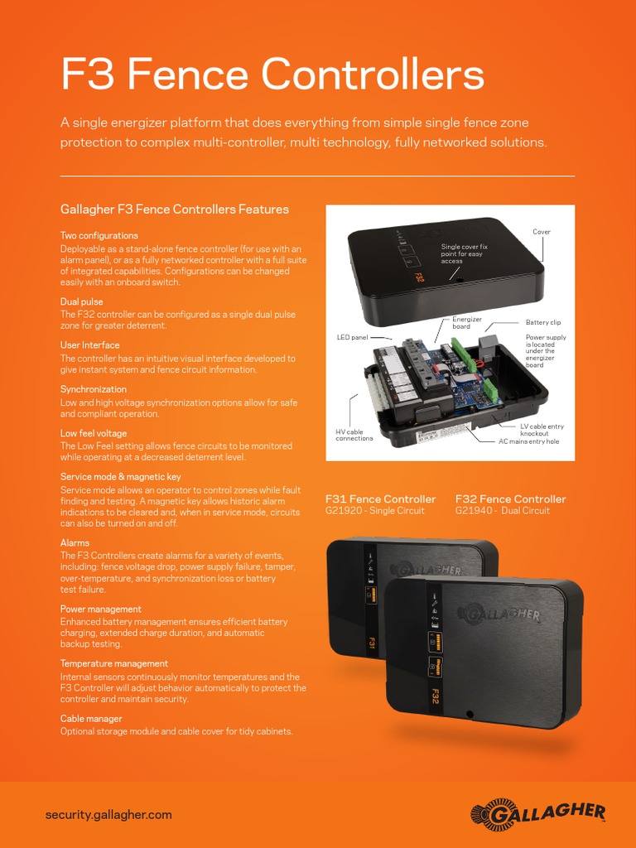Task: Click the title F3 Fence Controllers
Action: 272,75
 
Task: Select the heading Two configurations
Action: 99,236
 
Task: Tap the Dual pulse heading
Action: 82,302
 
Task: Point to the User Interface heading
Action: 90,345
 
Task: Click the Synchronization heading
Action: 94,389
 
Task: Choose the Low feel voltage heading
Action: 94,433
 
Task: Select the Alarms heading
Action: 75,543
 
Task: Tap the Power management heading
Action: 101,609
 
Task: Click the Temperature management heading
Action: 114,664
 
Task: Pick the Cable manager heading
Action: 91,719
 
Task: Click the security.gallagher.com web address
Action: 108,815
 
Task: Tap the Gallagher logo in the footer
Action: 537,814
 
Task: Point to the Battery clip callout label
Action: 543,322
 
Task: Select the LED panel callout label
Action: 352,338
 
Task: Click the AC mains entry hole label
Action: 528,441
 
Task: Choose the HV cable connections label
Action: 354,435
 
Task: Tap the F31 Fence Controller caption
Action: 380,499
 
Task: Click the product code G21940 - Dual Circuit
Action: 503,511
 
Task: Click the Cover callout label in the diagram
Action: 542,232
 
